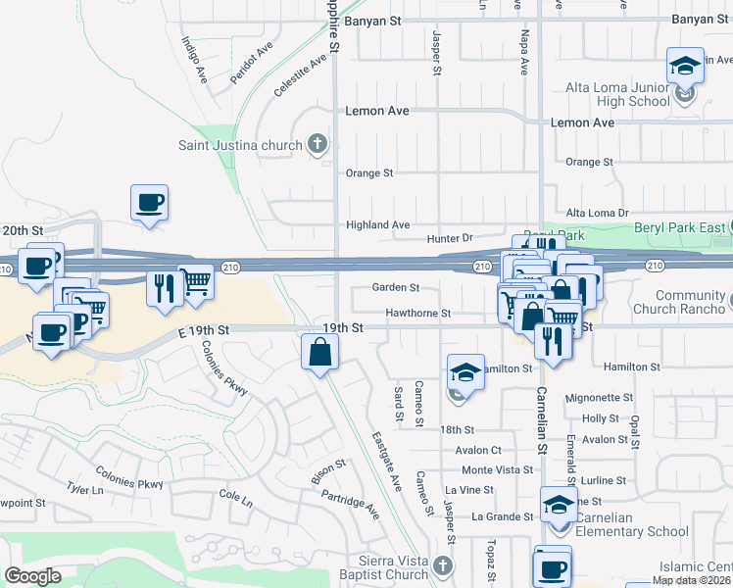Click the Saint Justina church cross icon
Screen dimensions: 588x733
point(317,146)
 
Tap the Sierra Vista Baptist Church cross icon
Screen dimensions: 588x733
point(443,565)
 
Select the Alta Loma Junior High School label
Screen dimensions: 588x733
point(618,94)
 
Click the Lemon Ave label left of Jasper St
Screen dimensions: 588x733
point(377,111)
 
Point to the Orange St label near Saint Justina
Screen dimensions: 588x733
point(368,173)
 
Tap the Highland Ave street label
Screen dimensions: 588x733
point(377,225)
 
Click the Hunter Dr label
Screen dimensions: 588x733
point(450,238)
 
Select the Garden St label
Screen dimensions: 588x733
point(396,288)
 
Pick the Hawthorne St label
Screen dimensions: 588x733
point(417,314)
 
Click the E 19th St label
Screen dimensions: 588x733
point(203,332)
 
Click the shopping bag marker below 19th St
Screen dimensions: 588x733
point(320,353)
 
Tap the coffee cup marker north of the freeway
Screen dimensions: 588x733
point(149,203)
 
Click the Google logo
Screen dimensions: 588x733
point(32,576)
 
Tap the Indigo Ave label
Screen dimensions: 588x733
point(194,60)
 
